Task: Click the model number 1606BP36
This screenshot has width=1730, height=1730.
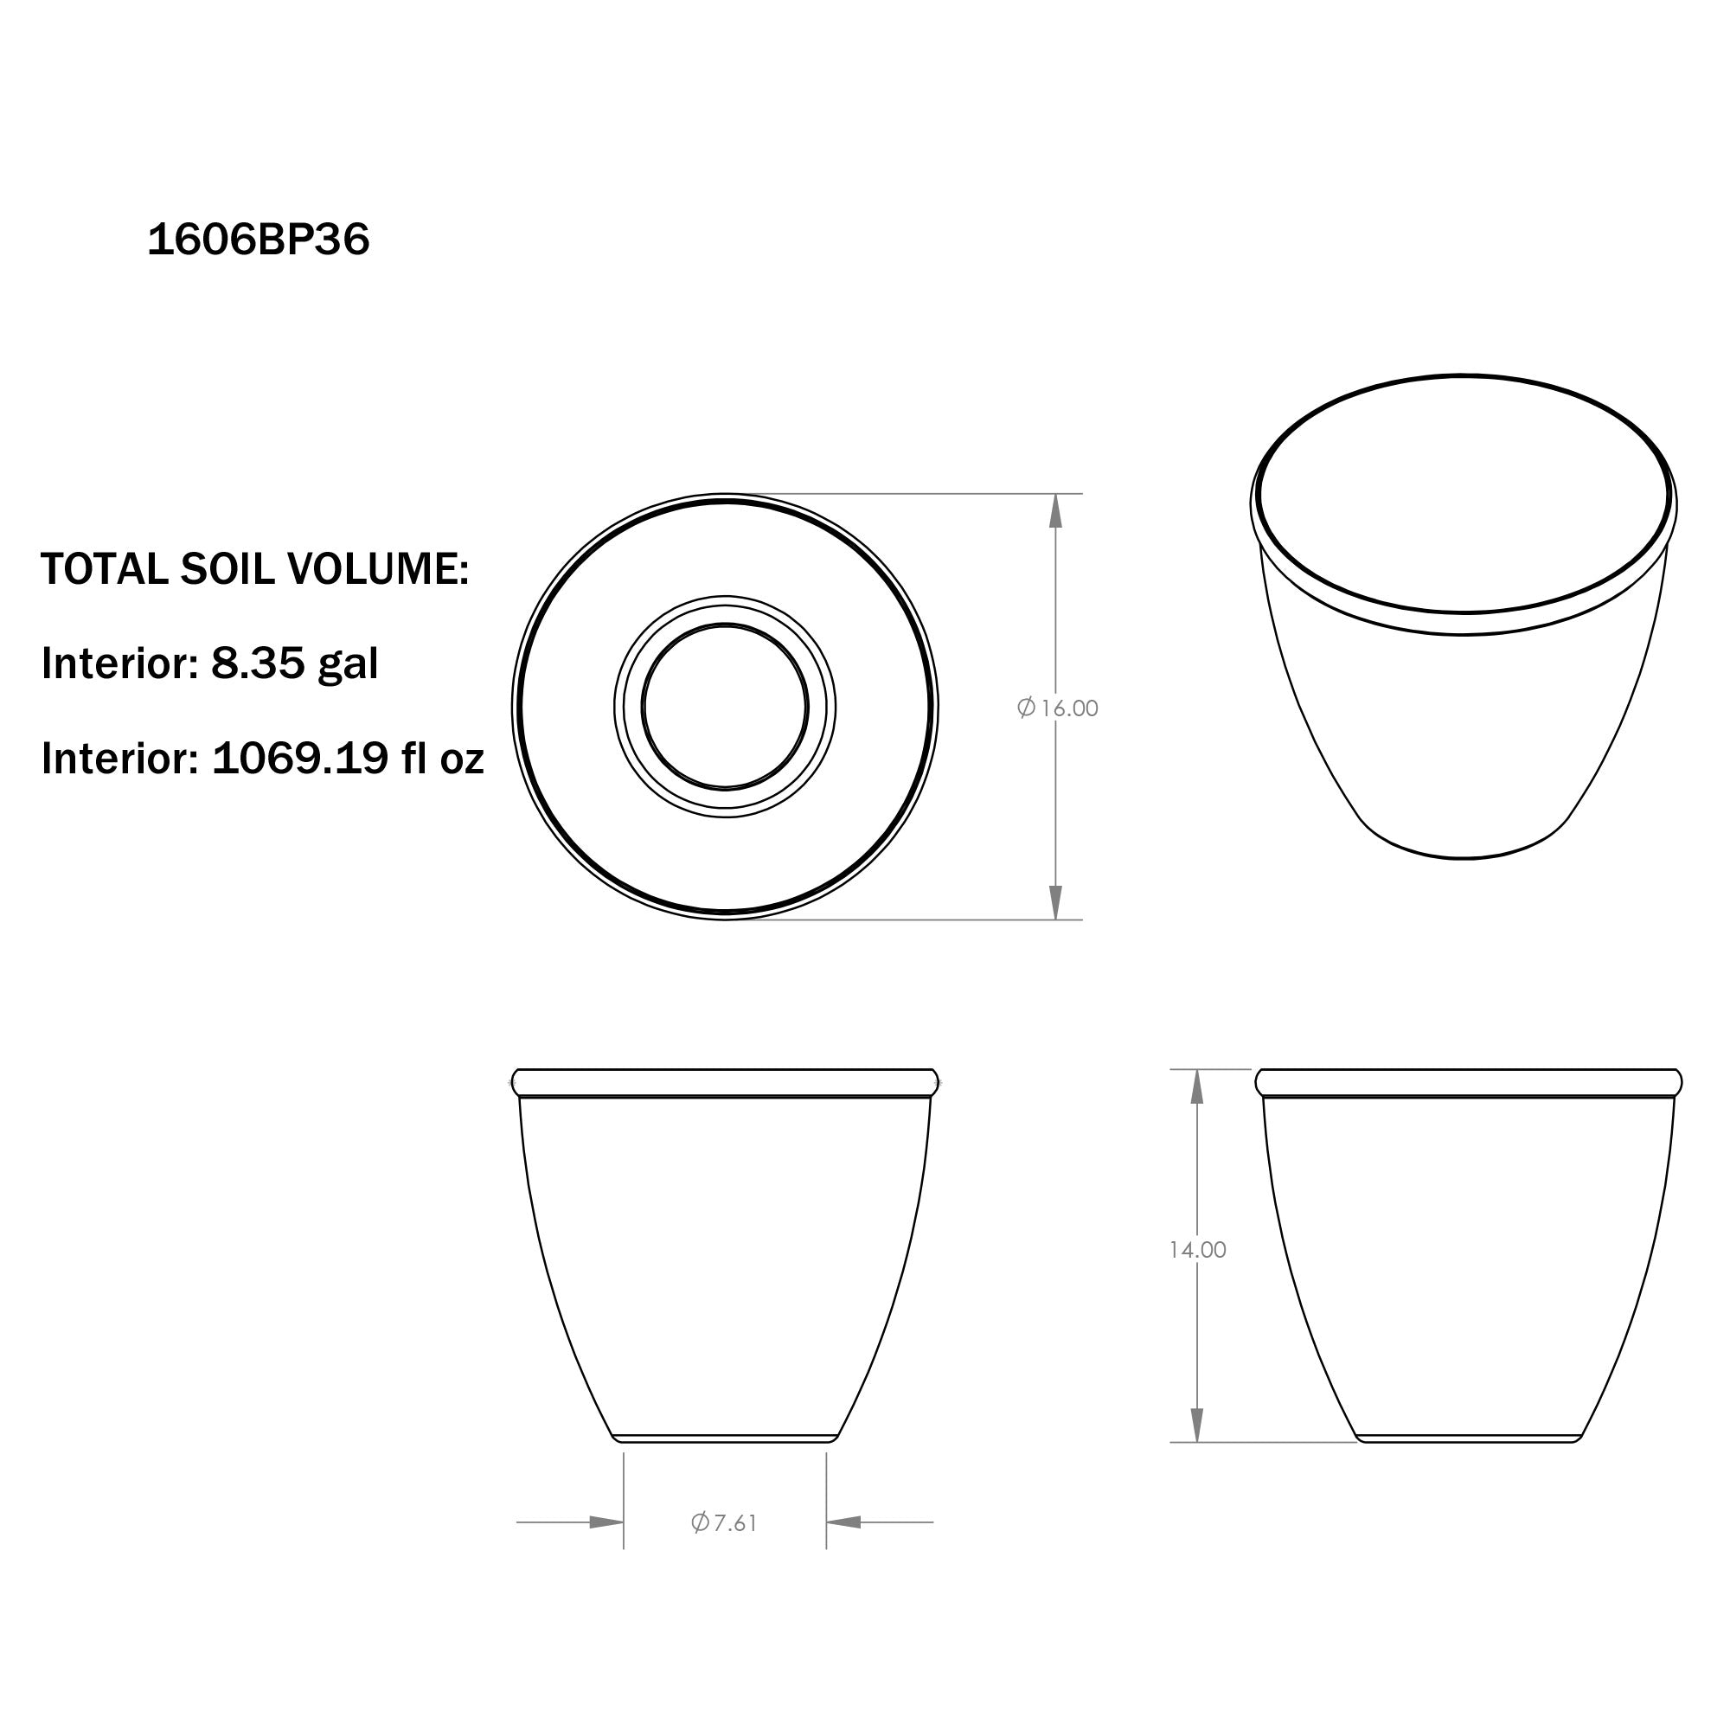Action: [x=258, y=240]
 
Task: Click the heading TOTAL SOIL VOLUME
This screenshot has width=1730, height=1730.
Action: [x=255, y=568]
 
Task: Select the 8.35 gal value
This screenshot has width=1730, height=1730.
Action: [x=295, y=663]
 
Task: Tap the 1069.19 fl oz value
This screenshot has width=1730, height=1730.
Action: [x=349, y=759]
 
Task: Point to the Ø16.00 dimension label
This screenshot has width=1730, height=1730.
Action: [x=1058, y=708]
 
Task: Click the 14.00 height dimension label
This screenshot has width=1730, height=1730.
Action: [x=1197, y=1250]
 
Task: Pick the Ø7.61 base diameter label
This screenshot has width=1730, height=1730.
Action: [x=724, y=1522]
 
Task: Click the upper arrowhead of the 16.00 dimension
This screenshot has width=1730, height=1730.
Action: [x=1055, y=510]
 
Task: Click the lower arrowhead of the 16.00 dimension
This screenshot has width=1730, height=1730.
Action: [x=1055, y=901]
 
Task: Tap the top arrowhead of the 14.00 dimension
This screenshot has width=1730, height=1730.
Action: [x=1196, y=1086]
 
